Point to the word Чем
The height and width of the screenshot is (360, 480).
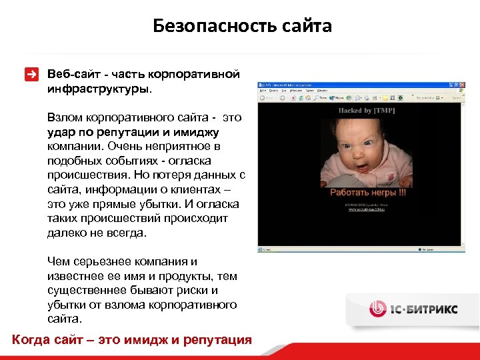coord(59,262)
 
